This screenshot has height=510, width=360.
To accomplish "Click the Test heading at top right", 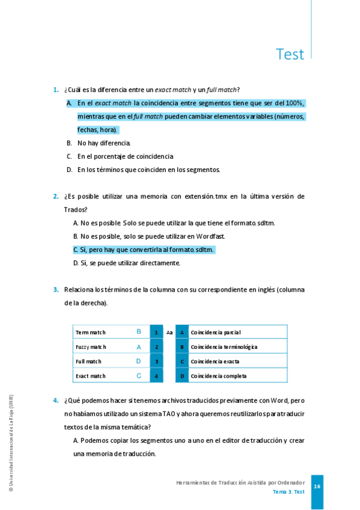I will click(290, 54).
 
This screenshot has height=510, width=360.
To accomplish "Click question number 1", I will click(56, 90).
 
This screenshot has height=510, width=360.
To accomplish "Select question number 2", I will click(56, 196).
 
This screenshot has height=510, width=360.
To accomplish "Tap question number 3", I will click(56, 289).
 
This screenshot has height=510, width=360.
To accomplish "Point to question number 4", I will click(56, 400).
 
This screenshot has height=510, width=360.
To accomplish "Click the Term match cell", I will click(91, 332).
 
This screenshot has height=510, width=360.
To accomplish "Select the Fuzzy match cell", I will click(91, 347).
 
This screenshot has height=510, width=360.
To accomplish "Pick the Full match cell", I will click(88, 361).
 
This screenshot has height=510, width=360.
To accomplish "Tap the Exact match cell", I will click(91, 376).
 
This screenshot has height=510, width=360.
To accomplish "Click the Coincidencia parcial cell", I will click(215, 332).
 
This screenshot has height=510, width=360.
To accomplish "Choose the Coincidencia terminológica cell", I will click(224, 347).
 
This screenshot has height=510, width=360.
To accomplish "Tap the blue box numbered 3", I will click(156, 361).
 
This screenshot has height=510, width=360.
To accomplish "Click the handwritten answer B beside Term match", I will click(139, 331).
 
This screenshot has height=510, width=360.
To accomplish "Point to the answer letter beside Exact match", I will click(139, 376).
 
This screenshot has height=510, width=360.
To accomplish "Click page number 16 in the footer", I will click(317, 487).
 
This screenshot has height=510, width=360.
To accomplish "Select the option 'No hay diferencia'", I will click(103, 143).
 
